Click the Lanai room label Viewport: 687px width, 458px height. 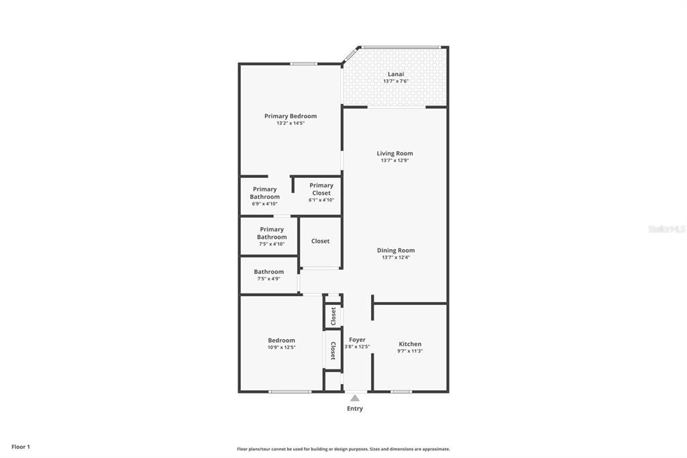point(396,74)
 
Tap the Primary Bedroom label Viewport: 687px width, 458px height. point(290,116)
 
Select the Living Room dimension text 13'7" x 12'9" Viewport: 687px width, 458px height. point(394,161)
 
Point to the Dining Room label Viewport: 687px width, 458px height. point(396,250)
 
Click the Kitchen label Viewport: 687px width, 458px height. point(410,344)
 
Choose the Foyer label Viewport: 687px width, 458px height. point(357,340)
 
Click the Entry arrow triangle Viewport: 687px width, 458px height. point(355,398)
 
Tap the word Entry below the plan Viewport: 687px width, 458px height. point(355,408)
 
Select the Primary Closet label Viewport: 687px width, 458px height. point(321,189)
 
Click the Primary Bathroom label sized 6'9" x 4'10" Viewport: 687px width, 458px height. point(264,193)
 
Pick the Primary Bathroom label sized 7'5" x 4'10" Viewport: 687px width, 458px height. point(272,233)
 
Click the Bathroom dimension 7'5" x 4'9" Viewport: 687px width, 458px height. point(268,279)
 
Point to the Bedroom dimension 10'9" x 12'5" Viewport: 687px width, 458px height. point(281,347)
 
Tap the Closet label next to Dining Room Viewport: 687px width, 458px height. point(320,241)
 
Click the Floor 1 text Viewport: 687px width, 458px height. point(21,447)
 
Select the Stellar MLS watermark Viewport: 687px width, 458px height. point(666,229)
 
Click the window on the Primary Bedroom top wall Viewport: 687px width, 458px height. point(303,64)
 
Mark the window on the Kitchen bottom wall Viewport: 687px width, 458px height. point(401,392)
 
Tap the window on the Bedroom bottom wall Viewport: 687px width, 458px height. point(289,392)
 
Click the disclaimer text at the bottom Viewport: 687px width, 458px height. point(343,449)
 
